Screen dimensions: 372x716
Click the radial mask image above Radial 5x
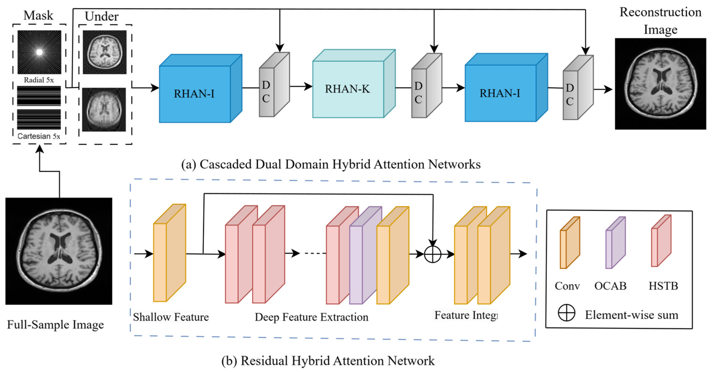click(x=39, y=52)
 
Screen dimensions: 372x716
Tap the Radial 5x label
click(x=39, y=80)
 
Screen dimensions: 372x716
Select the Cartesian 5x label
click(x=39, y=136)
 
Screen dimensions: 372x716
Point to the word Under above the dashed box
click(x=101, y=16)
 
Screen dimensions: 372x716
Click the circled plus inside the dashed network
click(x=432, y=254)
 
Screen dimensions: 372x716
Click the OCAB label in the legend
click(x=610, y=286)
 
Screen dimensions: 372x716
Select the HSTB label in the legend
click(x=663, y=286)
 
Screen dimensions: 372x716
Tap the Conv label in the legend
click(x=567, y=286)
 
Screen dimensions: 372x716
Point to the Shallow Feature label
click(x=171, y=317)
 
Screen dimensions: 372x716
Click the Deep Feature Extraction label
click(x=311, y=317)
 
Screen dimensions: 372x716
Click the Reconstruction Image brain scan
click(x=660, y=84)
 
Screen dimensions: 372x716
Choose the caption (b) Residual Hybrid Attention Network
click(x=328, y=361)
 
